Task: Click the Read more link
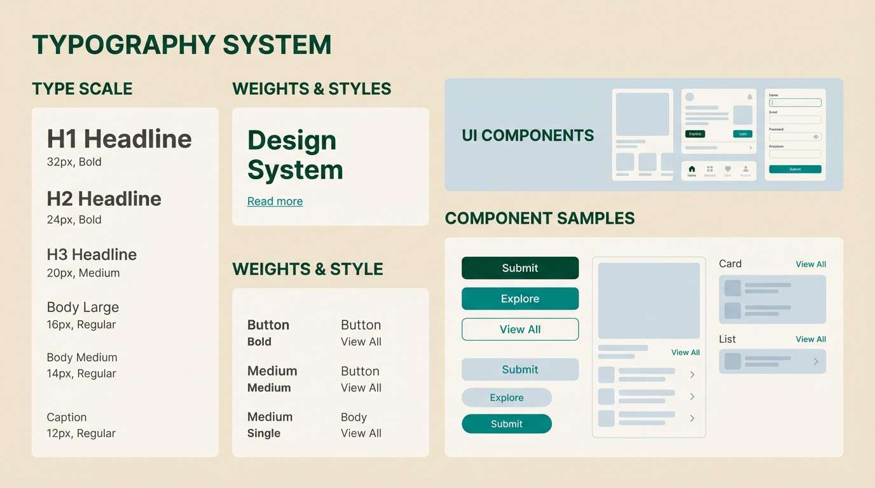point(275,201)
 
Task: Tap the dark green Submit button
point(520,268)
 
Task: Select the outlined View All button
point(520,329)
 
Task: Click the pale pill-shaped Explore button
point(506,398)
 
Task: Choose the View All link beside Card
point(811,264)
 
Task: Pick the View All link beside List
point(811,339)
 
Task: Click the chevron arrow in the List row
point(816,362)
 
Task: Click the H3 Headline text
point(92,255)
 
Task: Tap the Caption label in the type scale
point(67,417)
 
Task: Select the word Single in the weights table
point(264,433)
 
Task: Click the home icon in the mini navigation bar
point(692,169)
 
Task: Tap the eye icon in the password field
point(816,137)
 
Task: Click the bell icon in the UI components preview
point(749,97)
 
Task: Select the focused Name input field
point(795,102)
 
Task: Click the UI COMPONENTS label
point(528,135)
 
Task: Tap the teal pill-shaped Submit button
point(506,424)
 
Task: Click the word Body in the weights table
point(354,417)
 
